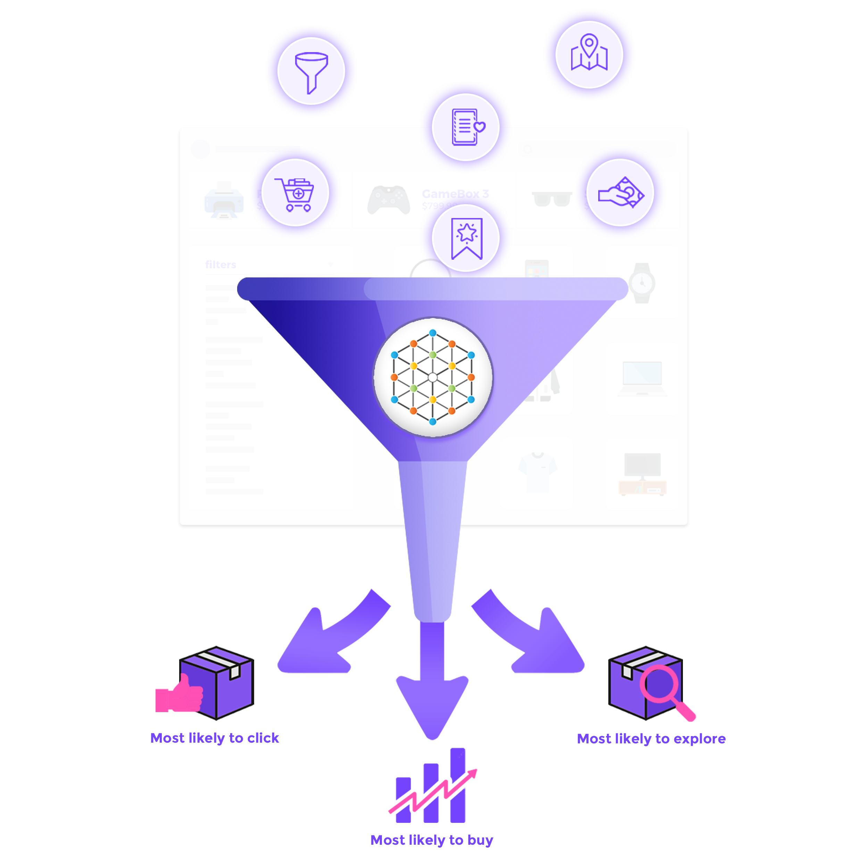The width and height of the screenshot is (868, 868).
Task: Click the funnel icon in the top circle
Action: [x=311, y=72]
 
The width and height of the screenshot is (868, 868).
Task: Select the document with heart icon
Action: [x=466, y=127]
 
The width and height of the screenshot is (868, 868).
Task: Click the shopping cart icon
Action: [x=295, y=194]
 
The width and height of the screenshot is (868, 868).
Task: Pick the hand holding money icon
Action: [x=621, y=193]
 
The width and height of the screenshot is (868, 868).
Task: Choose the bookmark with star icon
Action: [x=466, y=238]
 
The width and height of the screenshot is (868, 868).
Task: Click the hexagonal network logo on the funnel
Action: [x=433, y=377]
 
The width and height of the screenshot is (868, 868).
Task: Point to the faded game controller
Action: [x=389, y=200]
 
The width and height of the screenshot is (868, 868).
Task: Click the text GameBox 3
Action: [x=455, y=194]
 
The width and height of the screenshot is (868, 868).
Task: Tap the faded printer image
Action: [x=224, y=200]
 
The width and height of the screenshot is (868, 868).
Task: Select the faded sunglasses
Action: [x=551, y=199]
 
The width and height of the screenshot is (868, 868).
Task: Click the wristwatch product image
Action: [x=642, y=283]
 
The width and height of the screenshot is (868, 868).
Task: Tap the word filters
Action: [x=220, y=265]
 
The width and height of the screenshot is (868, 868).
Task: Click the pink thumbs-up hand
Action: [x=179, y=692]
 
